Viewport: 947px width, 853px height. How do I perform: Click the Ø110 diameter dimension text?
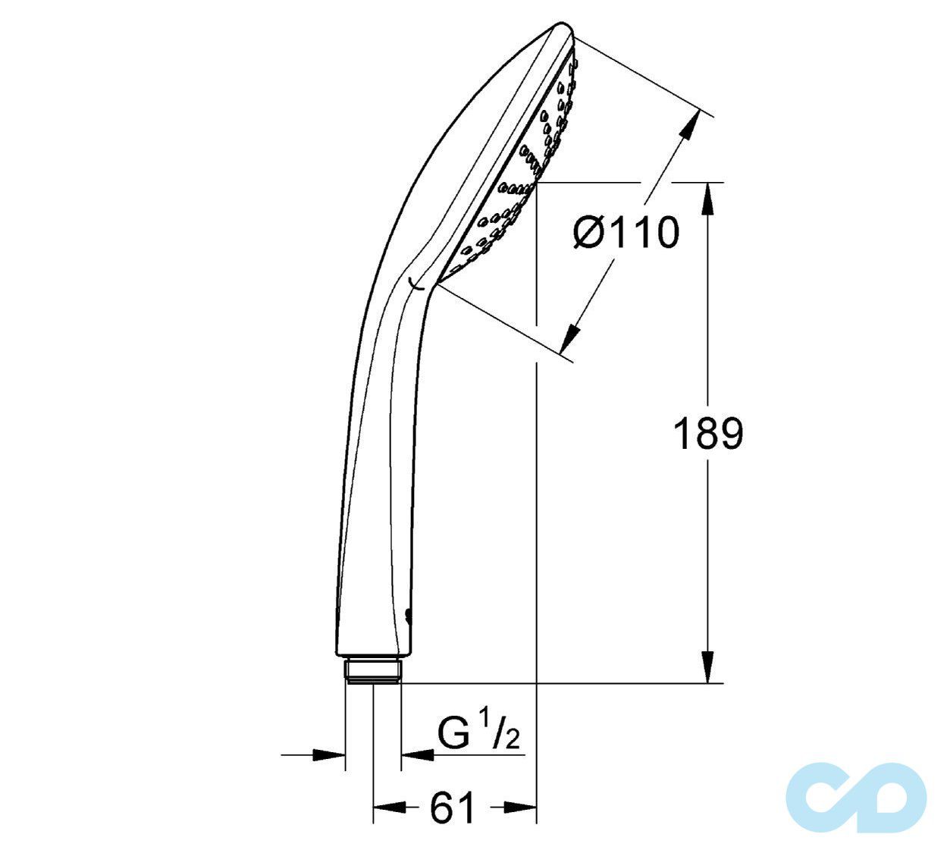pyautogui.click(x=626, y=232)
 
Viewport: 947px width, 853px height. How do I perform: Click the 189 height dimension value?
pyautogui.click(x=708, y=434)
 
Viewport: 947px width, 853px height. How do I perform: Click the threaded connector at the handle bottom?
pyautogui.click(x=372, y=671)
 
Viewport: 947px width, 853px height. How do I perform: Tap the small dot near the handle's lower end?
pyautogui.click(x=409, y=615)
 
